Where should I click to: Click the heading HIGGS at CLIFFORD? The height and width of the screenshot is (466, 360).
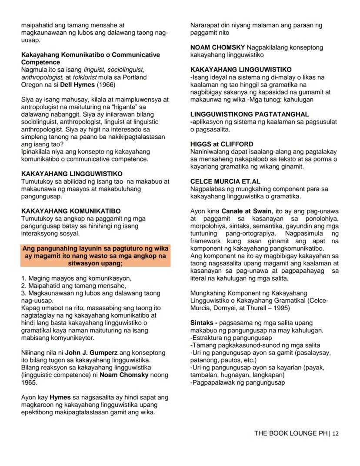[222, 144]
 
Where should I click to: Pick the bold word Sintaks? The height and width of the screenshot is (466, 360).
[202, 323]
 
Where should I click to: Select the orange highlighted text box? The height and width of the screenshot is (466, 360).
[95, 256]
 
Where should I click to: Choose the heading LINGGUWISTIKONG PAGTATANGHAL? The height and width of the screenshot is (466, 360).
[250, 114]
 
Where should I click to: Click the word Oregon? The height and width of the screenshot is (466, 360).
[33, 84]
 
